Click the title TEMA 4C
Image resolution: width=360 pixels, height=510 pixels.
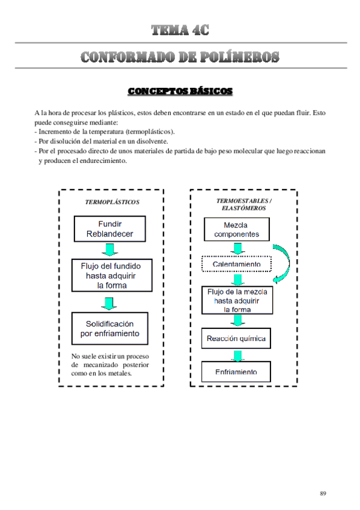coord(180,29)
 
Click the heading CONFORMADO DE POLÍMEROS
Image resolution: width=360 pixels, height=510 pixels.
coord(180,57)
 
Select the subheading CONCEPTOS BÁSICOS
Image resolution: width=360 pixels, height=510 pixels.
coord(180,91)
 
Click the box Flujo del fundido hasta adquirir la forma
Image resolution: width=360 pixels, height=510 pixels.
coord(112,275)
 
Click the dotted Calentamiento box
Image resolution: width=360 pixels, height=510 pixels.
coord(237,264)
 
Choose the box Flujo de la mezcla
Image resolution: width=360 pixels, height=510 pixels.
coord(237,300)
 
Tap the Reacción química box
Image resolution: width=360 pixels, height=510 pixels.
coord(236,339)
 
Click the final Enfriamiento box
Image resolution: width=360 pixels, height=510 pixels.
coord(236,372)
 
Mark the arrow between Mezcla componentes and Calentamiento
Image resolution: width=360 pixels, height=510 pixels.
coord(238,248)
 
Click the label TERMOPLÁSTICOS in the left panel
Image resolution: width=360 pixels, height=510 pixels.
coord(112,202)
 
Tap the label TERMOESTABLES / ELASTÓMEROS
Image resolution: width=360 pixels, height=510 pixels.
coord(244,204)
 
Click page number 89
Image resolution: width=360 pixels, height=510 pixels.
coord(323,493)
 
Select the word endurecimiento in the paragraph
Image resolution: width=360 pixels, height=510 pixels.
coord(101,161)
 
